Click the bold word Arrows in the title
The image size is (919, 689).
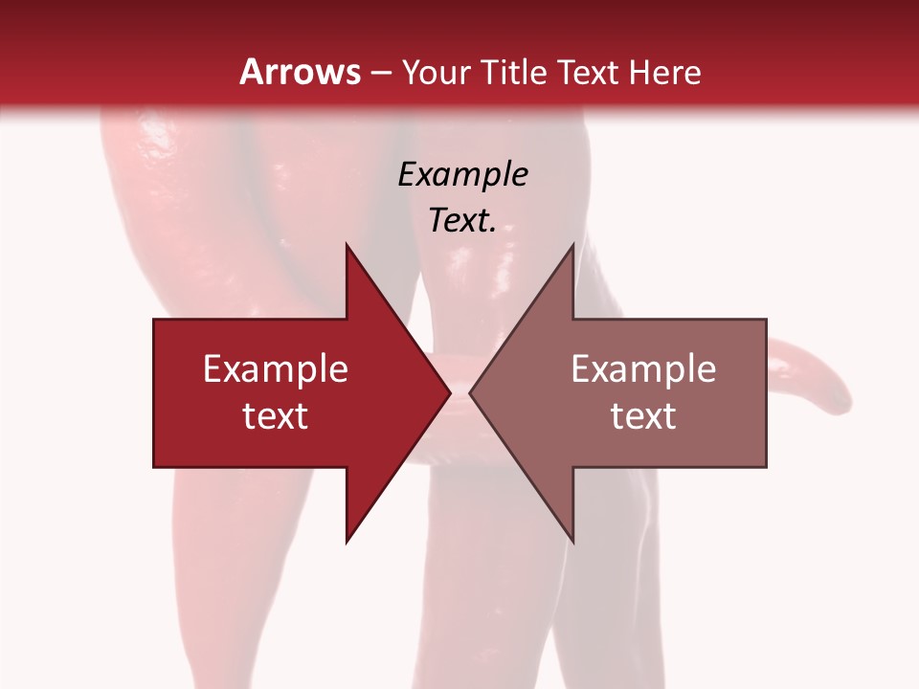(301, 72)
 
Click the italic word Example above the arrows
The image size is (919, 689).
(462, 175)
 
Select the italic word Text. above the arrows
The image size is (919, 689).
(462, 221)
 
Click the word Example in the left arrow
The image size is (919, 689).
(276, 369)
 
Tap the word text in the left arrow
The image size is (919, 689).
(276, 416)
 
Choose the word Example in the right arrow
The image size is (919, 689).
(643, 369)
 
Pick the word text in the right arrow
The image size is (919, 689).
(643, 416)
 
